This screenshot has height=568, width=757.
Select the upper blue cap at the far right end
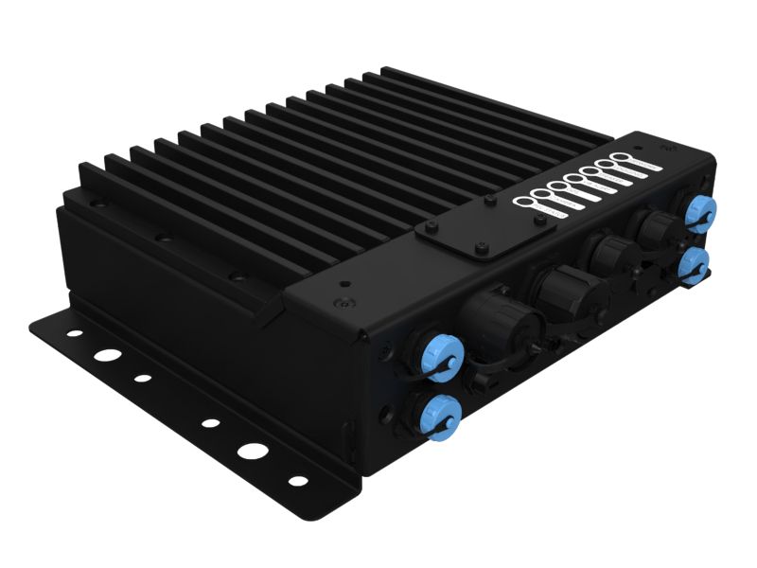point(699,212)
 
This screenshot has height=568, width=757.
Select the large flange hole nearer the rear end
point(109,358)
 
